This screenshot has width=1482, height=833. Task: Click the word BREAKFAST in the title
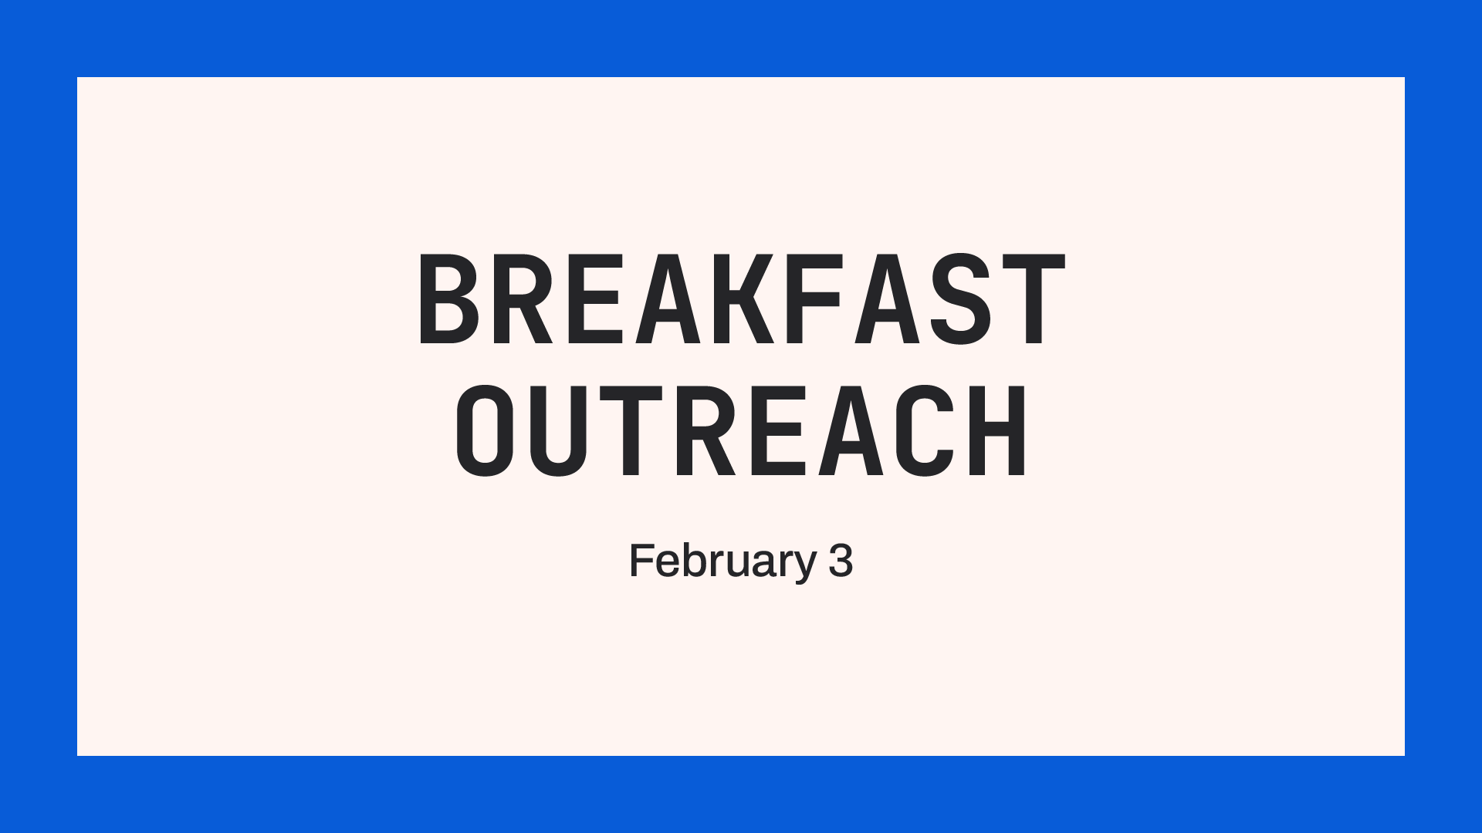[x=741, y=299]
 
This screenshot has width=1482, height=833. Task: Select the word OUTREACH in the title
[x=741, y=432]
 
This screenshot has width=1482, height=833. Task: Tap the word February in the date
[x=722, y=561]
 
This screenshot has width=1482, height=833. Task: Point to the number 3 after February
[x=841, y=561]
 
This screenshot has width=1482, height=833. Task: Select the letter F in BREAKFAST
[x=814, y=299]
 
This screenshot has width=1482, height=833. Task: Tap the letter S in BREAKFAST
[x=956, y=299]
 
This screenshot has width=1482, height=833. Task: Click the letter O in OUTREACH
[x=486, y=432]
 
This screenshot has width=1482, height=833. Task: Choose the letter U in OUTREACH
[x=558, y=432]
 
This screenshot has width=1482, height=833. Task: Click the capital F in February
[x=641, y=561]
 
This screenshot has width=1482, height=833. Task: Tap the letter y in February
[x=804, y=565]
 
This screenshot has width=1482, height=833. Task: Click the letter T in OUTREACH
[x=633, y=432]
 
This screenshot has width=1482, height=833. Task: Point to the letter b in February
[x=692, y=561]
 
